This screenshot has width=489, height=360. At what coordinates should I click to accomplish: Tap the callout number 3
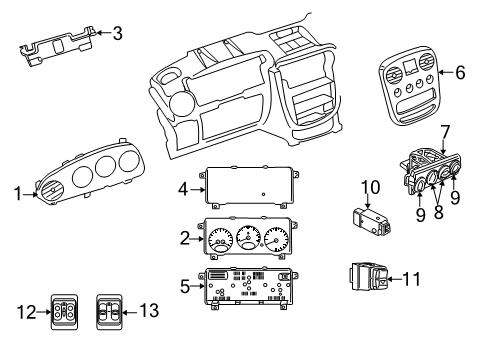point(118,34)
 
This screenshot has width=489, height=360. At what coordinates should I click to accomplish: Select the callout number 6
point(460,72)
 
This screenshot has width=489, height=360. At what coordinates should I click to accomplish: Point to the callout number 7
point(444,131)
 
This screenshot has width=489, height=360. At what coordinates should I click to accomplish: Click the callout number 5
point(182,286)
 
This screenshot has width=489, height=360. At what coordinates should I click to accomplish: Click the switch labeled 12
point(66,312)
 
